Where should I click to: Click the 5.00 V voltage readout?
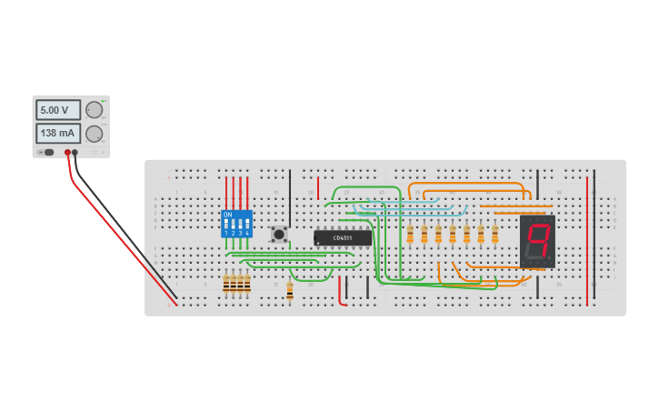point(57,110)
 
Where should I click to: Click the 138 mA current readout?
point(57,134)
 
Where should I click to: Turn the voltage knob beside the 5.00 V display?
point(95,110)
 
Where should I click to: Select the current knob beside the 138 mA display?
point(95,134)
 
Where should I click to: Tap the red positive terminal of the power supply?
point(67,153)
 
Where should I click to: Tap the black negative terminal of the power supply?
point(75,153)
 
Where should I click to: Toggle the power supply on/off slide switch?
point(47,152)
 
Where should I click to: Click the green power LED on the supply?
point(105,100)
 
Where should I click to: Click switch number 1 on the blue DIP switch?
point(226,224)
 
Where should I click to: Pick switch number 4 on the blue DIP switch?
point(247,224)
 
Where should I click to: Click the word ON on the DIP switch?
point(227,215)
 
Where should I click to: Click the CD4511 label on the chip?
point(343,238)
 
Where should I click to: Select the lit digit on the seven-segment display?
point(537,240)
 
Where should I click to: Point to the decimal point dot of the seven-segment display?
point(550,260)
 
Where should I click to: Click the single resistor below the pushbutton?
point(290,290)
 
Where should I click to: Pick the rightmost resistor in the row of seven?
point(495,236)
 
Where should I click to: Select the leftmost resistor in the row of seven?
point(410,236)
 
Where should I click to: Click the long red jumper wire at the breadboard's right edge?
point(587,241)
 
